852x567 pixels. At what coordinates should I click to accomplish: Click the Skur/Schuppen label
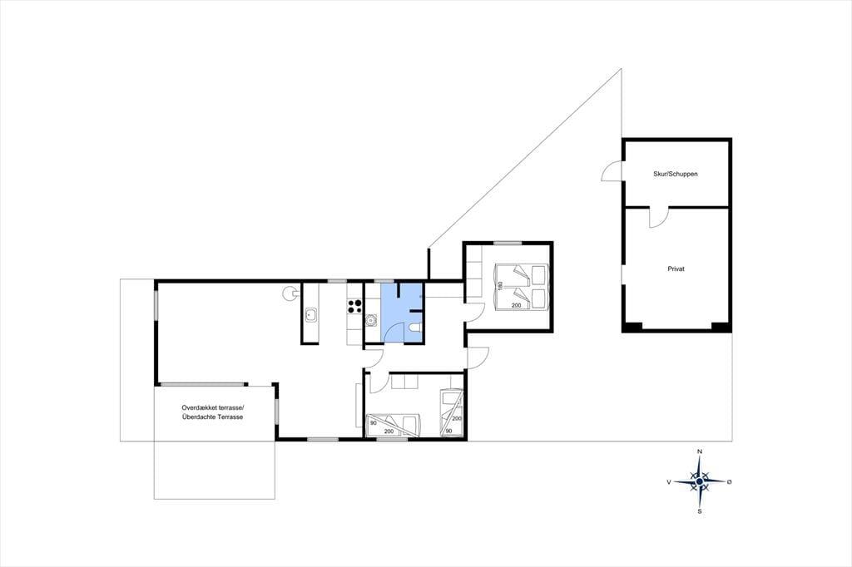pos(676,175)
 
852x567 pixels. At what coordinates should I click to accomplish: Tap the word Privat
pos(676,269)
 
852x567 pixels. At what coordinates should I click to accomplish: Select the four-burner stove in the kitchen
pos(354,306)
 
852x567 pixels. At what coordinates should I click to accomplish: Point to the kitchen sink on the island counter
pos(311,314)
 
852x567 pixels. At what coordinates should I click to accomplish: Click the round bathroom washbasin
pos(372,320)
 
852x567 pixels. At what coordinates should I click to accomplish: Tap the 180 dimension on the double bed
pos(500,285)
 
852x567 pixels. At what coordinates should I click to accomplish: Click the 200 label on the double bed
pos(516,305)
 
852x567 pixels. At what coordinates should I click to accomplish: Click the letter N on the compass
pos(700,452)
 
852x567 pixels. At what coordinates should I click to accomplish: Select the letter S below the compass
pos(700,511)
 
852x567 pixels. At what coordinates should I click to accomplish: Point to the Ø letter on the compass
pos(729,481)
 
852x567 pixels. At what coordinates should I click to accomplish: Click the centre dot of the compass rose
pos(700,481)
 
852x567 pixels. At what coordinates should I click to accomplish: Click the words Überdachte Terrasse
pos(213,417)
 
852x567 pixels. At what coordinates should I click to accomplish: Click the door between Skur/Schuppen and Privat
pos(657,217)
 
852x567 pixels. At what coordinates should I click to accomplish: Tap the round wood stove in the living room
pos(289,293)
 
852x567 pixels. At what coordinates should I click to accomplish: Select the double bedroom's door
pos(475,312)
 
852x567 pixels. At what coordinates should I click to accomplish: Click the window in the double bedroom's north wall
pos(508,243)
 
